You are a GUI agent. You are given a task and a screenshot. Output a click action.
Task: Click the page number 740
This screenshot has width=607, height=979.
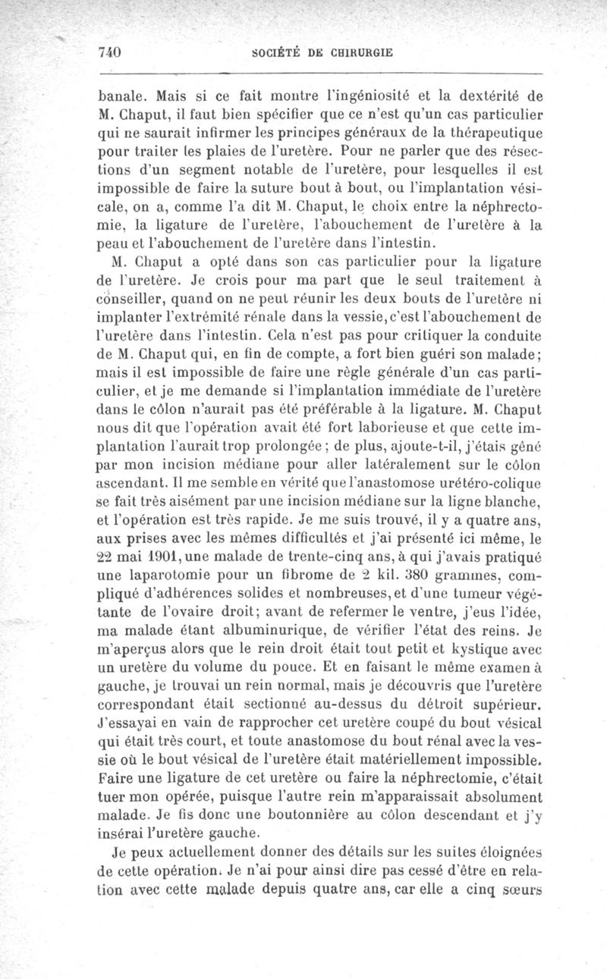[x=111, y=52]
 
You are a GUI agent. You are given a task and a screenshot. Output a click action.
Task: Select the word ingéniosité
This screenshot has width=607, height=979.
[x=377, y=97]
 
